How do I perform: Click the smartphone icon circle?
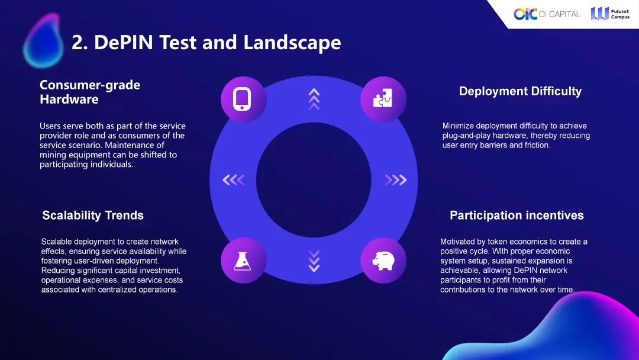point(243,99)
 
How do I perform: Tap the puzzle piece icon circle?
point(383,99)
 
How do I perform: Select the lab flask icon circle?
point(243,261)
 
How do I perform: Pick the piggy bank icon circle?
point(383,261)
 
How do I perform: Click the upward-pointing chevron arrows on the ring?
point(314,99)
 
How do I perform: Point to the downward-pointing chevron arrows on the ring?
point(314,261)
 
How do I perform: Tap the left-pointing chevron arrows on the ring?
point(234,180)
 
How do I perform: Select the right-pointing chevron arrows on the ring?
point(396,180)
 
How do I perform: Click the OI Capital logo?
point(547,14)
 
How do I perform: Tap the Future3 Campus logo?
point(610,14)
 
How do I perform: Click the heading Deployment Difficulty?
point(521,91)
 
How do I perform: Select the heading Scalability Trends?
point(93,216)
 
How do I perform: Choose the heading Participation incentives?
point(517,216)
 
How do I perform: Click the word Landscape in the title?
point(292,43)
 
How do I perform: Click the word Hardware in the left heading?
point(69,99)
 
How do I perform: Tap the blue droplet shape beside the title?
point(43,40)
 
